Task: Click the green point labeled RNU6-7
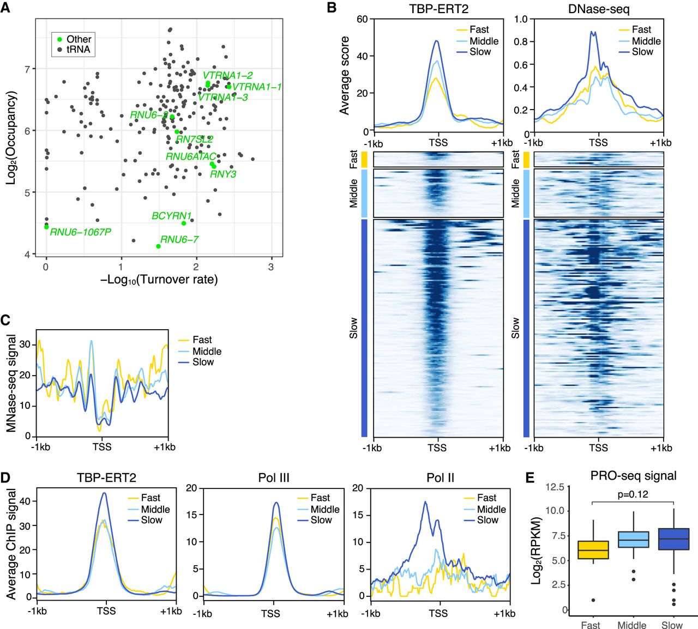[x=158, y=246]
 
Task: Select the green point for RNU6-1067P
[x=46, y=227]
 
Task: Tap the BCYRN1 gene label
[x=171, y=216]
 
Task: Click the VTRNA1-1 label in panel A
[x=257, y=87]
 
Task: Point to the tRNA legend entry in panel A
[x=78, y=50]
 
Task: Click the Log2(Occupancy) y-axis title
[x=11, y=137]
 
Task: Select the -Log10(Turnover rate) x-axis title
[x=159, y=280]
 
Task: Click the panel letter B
[x=332, y=9]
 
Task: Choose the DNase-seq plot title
[x=598, y=9]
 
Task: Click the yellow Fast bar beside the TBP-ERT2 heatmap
[x=364, y=159]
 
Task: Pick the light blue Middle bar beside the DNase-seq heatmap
[x=526, y=193]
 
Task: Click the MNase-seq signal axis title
[x=11, y=383]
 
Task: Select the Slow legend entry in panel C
[x=203, y=362]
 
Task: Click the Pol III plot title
[x=274, y=478]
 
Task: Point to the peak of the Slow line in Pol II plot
[x=425, y=502]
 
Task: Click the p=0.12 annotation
[x=633, y=494]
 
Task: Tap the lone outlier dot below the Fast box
[x=593, y=600]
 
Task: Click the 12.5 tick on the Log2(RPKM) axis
[x=554, y=487]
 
